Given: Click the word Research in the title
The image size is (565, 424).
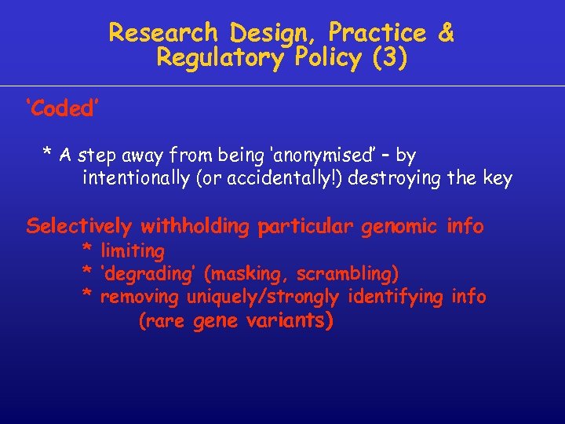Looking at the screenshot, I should point(163,33).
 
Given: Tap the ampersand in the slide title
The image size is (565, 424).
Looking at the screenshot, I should point(446,33).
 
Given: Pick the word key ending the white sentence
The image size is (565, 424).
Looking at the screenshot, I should point(497,179).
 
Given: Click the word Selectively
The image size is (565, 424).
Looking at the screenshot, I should point(79,227).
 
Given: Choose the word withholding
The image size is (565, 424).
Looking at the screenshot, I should point(195,227).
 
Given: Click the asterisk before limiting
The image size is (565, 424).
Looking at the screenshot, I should point(88,250).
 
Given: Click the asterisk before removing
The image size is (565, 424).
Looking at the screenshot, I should point(88,297).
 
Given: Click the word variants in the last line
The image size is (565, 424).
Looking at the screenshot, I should point(290,321).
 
